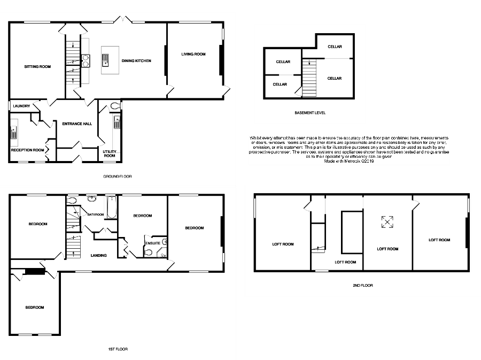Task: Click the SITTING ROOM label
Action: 37,67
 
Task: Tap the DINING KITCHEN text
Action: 136,61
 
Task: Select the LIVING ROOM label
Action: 193,54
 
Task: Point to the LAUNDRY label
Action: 22,106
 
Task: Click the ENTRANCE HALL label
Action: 77,124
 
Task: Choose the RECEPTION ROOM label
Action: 28,150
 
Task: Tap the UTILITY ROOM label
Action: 110,154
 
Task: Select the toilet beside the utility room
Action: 114,106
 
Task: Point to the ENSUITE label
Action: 153,243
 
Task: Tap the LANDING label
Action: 98,255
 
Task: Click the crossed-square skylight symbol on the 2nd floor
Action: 387,221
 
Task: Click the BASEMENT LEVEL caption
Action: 310,113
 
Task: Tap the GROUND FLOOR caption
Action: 117,176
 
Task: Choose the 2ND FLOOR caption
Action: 362,286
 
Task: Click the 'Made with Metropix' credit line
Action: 349,161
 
